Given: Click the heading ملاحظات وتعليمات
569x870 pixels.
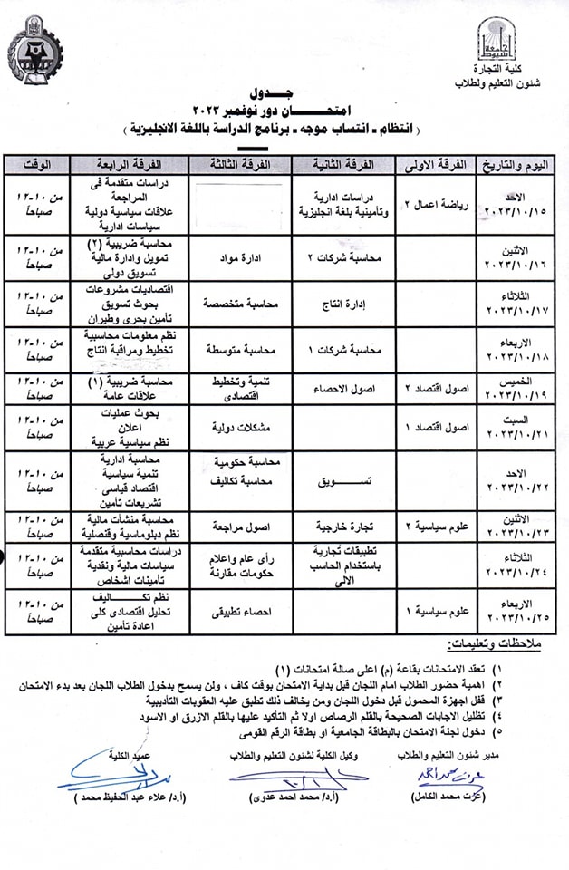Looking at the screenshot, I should (498, 645).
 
